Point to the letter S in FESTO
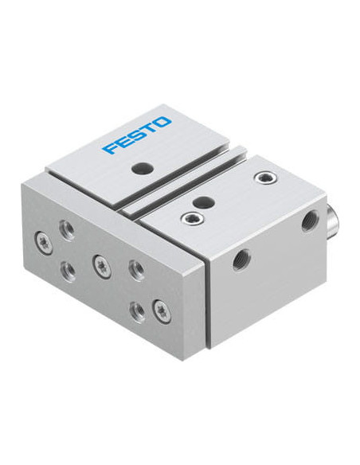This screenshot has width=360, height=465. pos(135,135)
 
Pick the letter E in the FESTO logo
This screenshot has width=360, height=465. pos(122,142)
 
